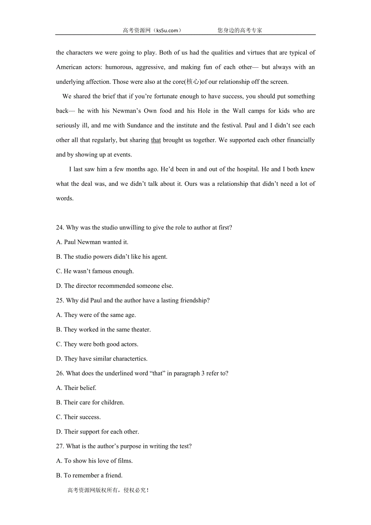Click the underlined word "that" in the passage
[156, 140]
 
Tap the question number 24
[60, 228]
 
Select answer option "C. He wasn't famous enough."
[95, 271]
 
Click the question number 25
[60, 300]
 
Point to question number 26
[60, 373]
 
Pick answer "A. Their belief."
[76, 388]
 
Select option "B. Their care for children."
[90, 402]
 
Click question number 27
[60, 446]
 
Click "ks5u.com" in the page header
[167, 30]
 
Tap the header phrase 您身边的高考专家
[240, 30]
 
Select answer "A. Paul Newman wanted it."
[92, 242]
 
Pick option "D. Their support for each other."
[98, 432]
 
